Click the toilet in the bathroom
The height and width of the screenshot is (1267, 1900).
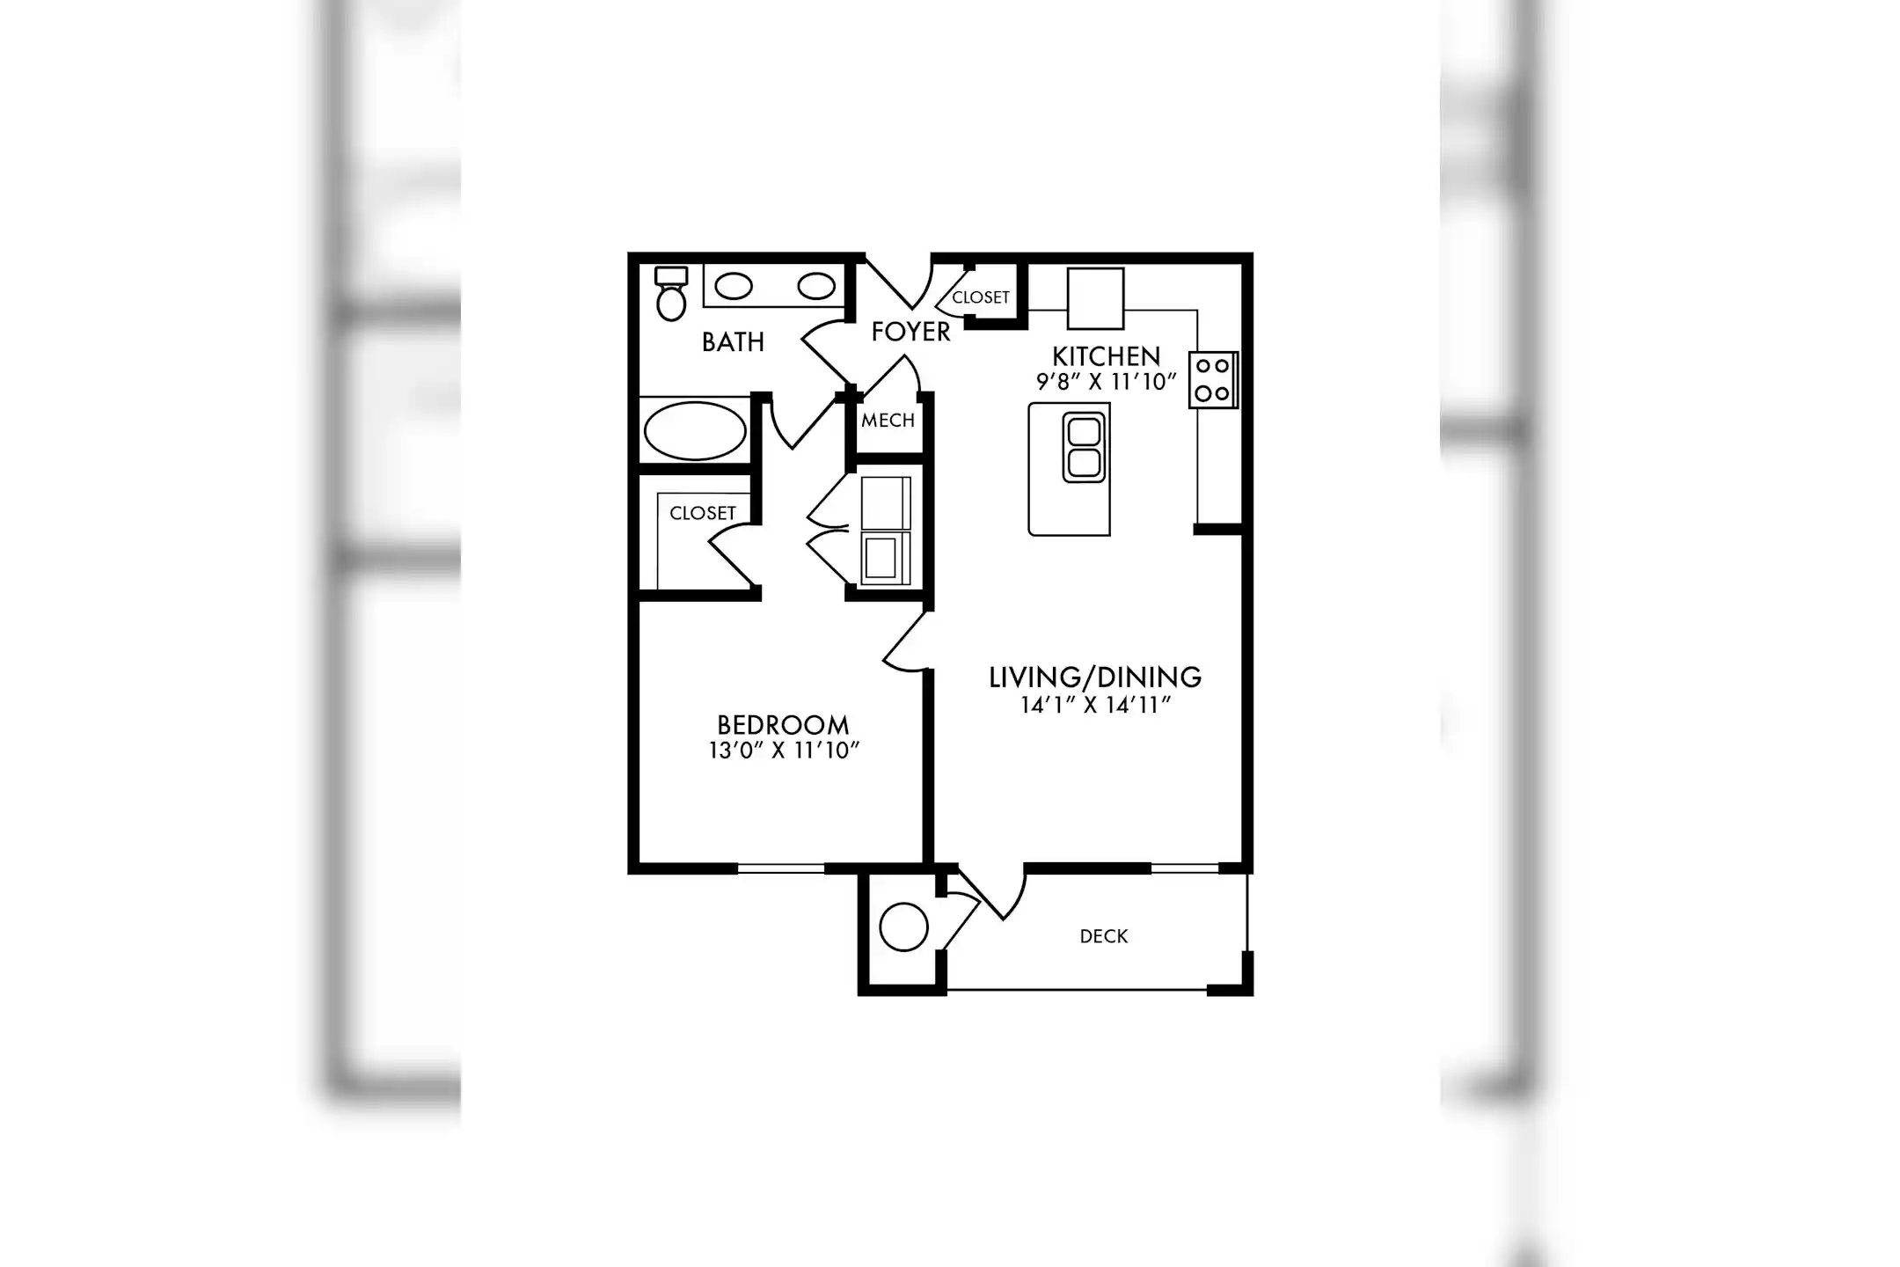[x=671, y=294]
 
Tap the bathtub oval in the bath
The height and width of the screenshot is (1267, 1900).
[x=695, y=431]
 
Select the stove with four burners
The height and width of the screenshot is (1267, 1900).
[x=1214, y=380]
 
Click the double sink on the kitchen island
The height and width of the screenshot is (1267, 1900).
[x=1084, y=448]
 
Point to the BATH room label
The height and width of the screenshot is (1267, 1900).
[x=733, y=342]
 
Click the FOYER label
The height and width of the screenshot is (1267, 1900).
[x=911, y=332]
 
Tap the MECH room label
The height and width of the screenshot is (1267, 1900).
[x=888, y=421]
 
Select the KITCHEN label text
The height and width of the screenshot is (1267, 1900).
[x=1107, y=356]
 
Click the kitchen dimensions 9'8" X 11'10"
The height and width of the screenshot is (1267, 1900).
[x=1107, y=382]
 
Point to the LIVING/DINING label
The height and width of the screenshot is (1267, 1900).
[x=1095, y=677]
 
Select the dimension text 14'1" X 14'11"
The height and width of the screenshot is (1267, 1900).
[x=1096, y=705]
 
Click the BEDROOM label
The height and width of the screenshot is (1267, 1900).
[x=783, y=725]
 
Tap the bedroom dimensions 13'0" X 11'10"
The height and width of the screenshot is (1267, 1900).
[x=784, y=751]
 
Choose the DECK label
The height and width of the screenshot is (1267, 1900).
[x=1104, y=936]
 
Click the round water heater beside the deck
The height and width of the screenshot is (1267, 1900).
[x=903, y=927]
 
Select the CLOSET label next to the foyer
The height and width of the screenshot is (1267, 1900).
[x=981, y=297]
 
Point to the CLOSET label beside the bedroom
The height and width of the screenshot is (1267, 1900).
[x=703, y=513]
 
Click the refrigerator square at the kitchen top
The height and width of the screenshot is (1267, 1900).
[x=1095, y=298]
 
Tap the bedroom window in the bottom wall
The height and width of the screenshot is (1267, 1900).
[x=780, y=868]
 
